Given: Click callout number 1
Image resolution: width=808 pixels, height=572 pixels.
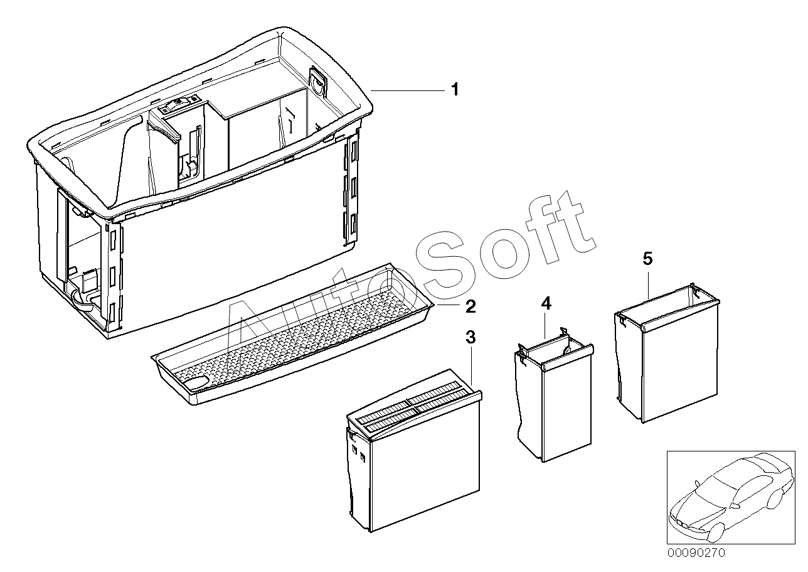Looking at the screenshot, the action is (455, 90).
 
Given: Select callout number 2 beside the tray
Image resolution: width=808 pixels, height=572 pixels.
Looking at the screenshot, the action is (470, 306).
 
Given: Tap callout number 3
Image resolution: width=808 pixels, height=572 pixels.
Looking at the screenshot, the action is (470, 338).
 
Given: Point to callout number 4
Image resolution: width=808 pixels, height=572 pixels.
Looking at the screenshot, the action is (546, 305).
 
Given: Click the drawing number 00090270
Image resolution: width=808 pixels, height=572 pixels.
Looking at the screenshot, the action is (696, 553).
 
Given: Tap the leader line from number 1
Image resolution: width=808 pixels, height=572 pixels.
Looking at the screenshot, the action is (408, 91).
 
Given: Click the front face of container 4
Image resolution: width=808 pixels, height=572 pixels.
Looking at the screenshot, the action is (565, 408).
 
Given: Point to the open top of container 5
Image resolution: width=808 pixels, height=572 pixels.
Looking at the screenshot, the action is (665, 305).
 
